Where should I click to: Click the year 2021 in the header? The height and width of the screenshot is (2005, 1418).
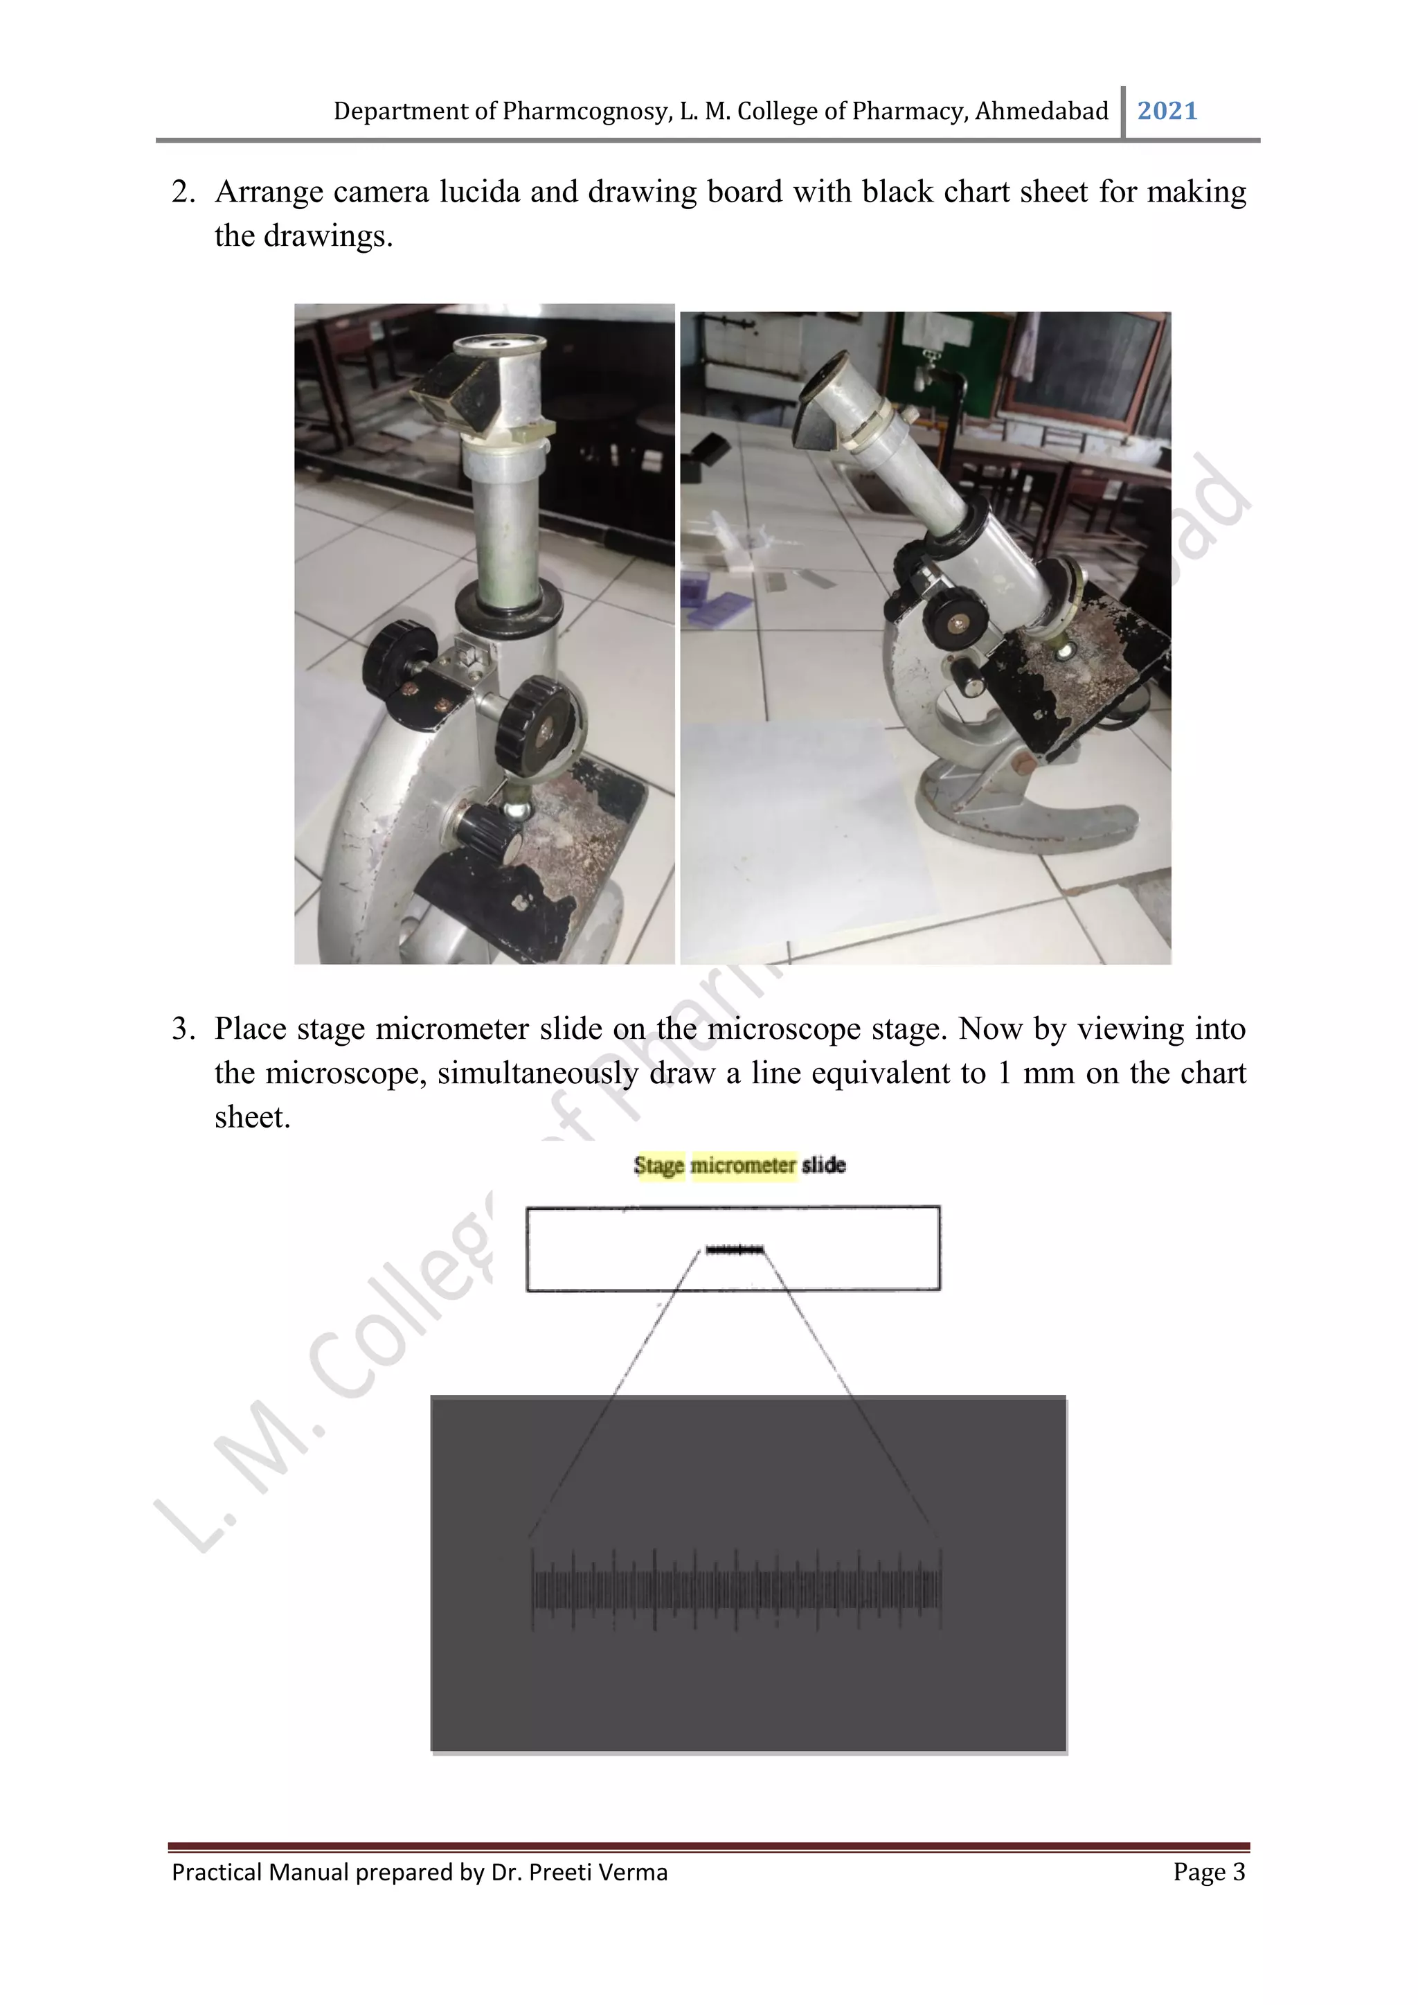pyautogui.click(x=1167, y=111)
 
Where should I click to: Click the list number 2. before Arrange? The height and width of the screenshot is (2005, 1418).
pyautogui.click(x=183, y=192)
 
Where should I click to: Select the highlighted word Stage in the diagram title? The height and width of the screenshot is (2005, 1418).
pyautogui.click(x=658, y=1165)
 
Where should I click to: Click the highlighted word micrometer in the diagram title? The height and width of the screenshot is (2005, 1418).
pyautogui.click(x=743, y=1165)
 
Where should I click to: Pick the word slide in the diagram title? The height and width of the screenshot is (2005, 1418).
pyautogui.click(x=823, y=1165)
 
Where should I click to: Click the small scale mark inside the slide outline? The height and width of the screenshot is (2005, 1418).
pyautogui.click(x=735, y=1251)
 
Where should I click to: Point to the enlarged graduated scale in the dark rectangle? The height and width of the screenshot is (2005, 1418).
pyautogui.click(x=736, y=1590)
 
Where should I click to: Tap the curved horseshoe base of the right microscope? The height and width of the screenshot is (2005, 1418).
pyautogui.click(x=1030, y=812)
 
